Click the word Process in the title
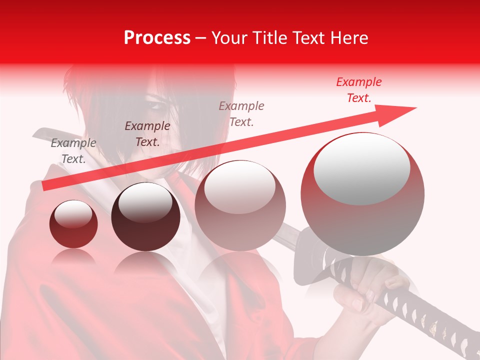pyautogui.click(x=157, y=38)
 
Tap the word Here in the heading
pyautogui.click(x=349, y=38)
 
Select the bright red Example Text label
pyautogui.click(x=359, y=90)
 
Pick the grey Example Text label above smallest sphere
pyautogui.click(x=73, y=150)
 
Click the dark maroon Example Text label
pyautogui.click(x=147, y=133)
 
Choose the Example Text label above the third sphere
pyautogui.click(x=241, y=113)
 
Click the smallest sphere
pyautogui.click(x=73, y=224)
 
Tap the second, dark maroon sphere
pyautogui.click(x=145, y=216)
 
